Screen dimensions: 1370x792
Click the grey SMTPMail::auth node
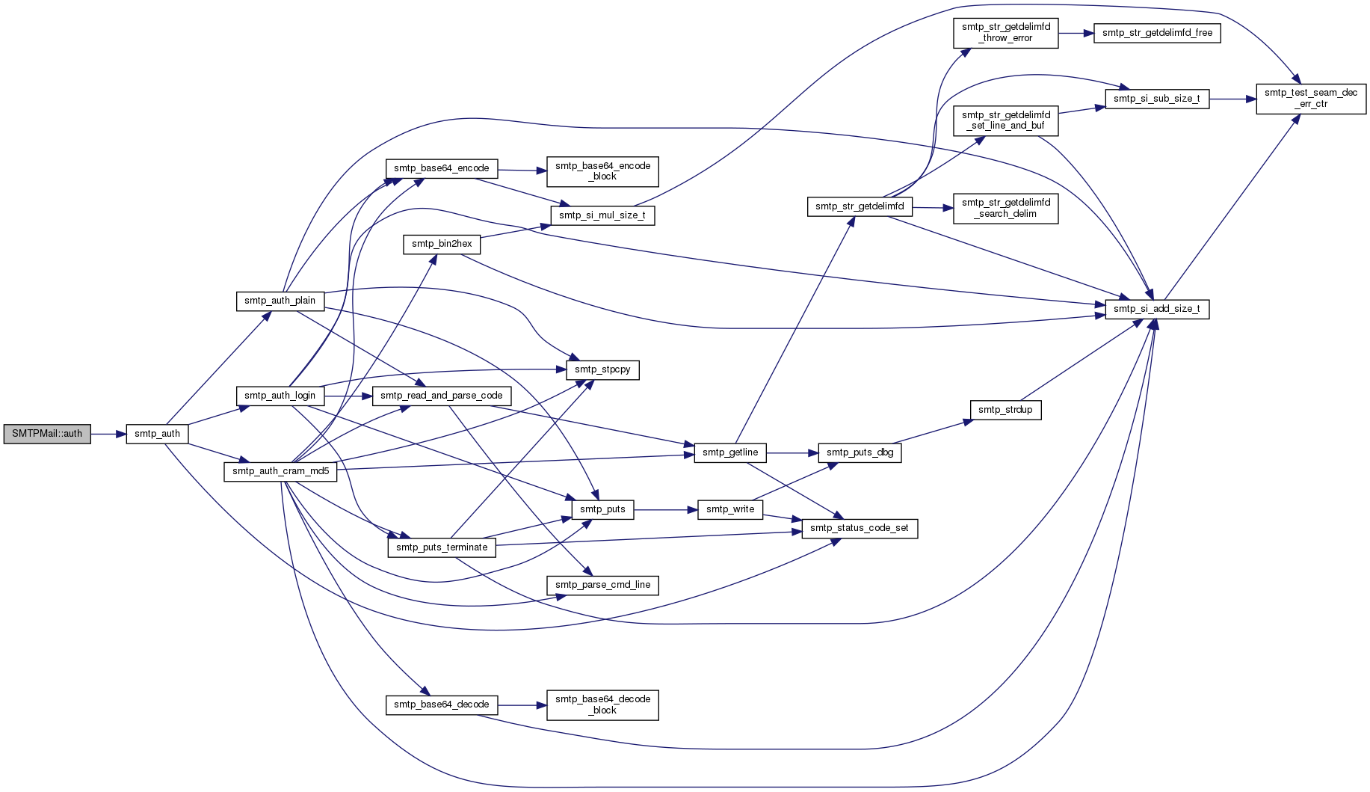tap(47, 434)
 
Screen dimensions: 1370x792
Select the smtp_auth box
tap(157, 434)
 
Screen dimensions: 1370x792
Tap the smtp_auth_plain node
tap(280, 301)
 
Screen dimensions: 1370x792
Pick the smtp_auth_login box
tap(280, 396)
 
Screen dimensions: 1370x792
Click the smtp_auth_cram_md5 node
tap(280, 471)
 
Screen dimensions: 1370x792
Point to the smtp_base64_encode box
tap(442, 168)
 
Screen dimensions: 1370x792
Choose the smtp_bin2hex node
tap(442, 244)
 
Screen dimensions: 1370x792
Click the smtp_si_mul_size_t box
tap(602, 215)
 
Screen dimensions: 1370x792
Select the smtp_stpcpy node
tap(602, 369)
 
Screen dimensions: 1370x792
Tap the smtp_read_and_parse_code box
tap(442, 396)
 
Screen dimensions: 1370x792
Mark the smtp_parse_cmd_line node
tap(602, 585)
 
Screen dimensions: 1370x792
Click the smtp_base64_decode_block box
tap(602, 704)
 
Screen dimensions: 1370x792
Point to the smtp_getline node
tap(730, 452)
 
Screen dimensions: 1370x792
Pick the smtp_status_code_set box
tap(860, 528)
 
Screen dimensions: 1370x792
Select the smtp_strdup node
tap(1005, 410)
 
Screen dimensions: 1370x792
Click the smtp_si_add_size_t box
tap(1157, 309)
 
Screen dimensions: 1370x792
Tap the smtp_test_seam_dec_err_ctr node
tap(1311, 99)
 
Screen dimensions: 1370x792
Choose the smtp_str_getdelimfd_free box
tap(1157, 33)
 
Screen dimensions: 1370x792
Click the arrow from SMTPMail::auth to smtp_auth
tap(108, 434)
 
